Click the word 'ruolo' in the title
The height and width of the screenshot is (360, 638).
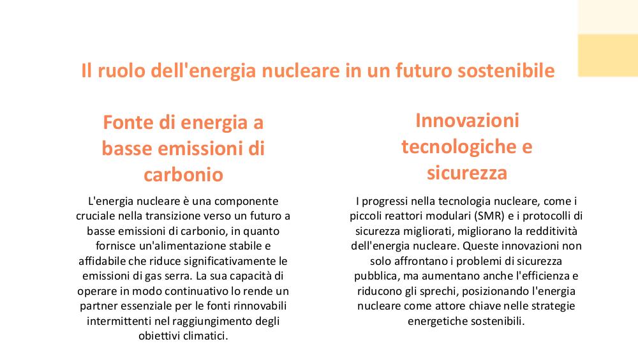121,70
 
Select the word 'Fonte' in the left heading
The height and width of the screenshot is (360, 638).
128,122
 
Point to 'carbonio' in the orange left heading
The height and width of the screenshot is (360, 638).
184,175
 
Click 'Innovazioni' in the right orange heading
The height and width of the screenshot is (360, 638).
467,121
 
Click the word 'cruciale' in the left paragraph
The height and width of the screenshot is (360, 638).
95,216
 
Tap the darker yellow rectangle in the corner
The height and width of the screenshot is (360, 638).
608,56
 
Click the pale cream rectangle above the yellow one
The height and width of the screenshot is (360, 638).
608,17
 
